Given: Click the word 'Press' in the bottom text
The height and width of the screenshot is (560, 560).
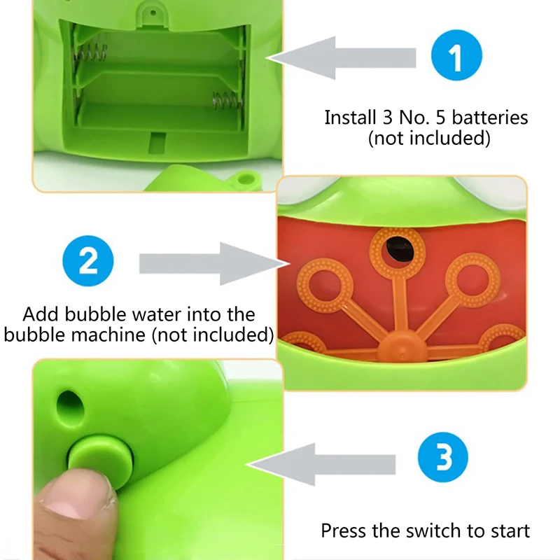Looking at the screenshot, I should pyautogui.click(x=344, y=530).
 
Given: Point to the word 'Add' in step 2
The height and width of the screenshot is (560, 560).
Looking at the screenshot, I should pyautogui.click(x=40, y=314).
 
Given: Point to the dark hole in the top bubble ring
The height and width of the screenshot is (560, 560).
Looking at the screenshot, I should pyautogui.click(x=397, y=245).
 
